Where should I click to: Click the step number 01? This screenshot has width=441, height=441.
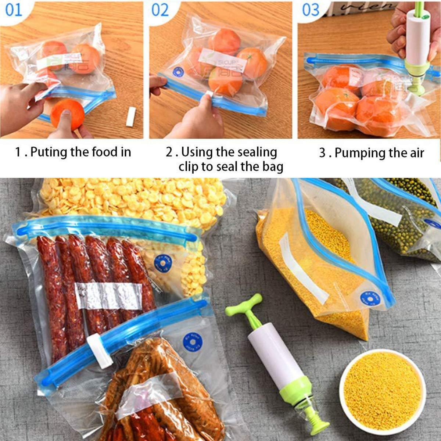[x=14, y=10]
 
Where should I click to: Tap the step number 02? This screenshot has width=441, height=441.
[x=160, y=10]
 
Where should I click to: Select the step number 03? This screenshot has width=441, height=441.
[x=311, y=10]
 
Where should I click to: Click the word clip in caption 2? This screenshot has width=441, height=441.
[x=189, y=167]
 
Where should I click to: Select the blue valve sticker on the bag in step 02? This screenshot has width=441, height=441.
[x=178, y=71]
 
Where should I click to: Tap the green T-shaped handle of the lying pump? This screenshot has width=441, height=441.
[x=244, y=307]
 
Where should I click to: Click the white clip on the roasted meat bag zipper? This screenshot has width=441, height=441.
[x=100, y=351]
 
